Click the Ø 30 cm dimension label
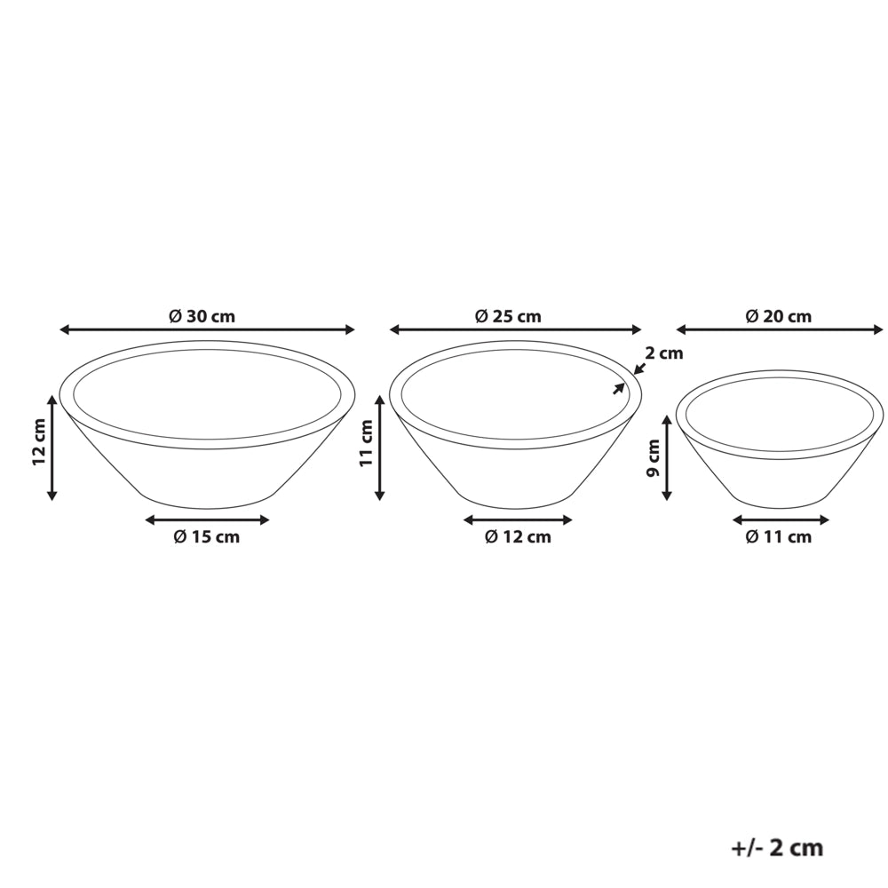click(202, 316)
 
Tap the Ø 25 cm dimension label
click(508, 316)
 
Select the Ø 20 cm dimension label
click(779, 316)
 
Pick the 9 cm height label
click(654, 458)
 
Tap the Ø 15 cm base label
click(207, 537)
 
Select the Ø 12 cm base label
click(519, 537)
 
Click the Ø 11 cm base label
click(779, 537)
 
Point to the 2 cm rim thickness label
click(664, 353)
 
